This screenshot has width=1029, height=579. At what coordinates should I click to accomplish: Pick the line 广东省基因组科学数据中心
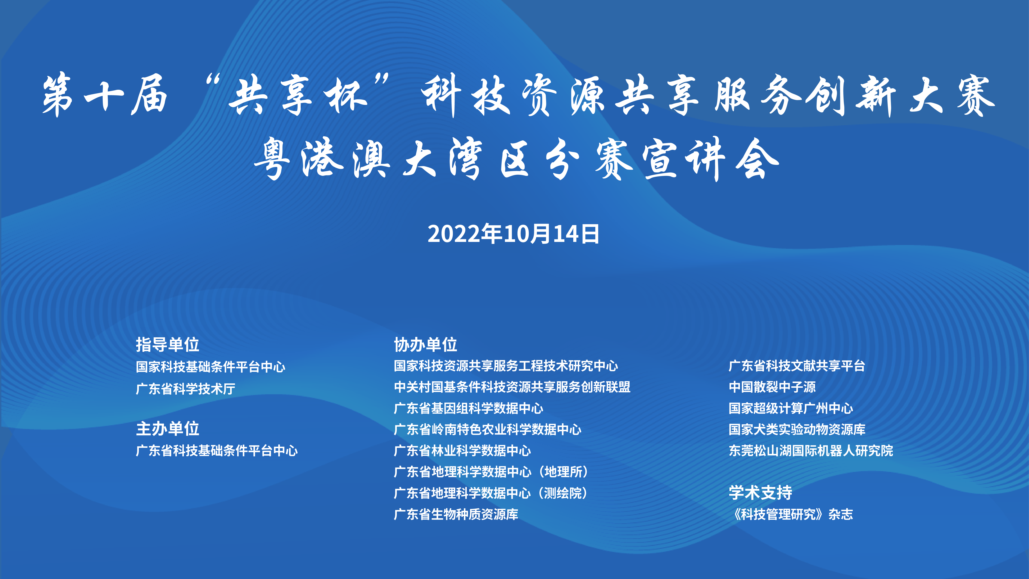469,408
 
